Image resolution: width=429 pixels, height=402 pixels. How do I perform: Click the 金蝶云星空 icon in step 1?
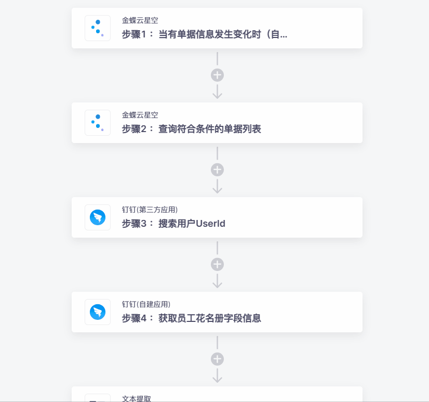click(x=98, y=28)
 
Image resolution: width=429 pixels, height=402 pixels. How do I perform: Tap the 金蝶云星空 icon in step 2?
click(x=98, y=123)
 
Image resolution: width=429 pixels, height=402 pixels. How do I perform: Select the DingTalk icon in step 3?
click(x=98, y=217)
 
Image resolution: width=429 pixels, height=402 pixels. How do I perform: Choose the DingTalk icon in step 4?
click(x=98, y=312)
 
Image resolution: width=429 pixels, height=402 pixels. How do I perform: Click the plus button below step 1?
click(x=217, y=75)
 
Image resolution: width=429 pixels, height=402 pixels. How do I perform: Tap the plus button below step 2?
click(x=217, y=170)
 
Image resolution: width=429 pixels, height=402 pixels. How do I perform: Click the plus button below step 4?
click(x=217, y=359)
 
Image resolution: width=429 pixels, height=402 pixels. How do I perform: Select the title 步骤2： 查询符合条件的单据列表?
click(x=191, y=129)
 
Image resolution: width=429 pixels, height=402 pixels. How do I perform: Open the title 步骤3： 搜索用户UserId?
click(x=173, y=224)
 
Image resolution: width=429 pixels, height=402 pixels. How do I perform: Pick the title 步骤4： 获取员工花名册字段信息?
click(x=191, y=318)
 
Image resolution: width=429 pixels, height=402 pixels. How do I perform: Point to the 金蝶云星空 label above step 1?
click(x=140, y=20)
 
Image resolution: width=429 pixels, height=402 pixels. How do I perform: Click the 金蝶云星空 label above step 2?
click(x=140, y=115)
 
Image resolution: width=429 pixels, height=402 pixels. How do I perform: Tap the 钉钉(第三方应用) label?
click(x=150, y=210)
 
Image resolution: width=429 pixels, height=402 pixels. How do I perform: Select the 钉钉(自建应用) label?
click(x=146, y=304)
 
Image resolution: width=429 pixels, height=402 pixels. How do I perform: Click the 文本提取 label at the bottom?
click(x=136, y=399)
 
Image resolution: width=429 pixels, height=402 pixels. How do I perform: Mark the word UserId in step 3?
click(x=211, y=224)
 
